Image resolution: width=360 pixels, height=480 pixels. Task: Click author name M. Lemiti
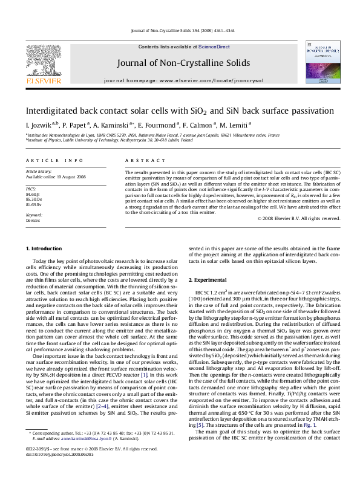click(237, 125)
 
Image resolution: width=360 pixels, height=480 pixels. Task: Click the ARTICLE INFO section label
click(54, 160)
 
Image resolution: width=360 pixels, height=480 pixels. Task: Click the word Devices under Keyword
click(33, 221)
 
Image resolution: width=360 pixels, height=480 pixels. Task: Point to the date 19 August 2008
click(74, 177)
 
